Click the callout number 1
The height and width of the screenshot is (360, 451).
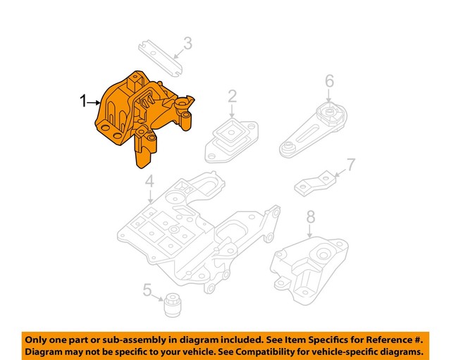(84, 102)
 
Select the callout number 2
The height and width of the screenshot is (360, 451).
(232, 97)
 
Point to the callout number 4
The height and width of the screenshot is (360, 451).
(149, 185)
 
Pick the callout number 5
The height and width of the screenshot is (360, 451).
(147, 290)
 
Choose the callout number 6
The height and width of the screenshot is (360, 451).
(329, 83)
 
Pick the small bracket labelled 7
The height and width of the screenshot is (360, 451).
(314, 182)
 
